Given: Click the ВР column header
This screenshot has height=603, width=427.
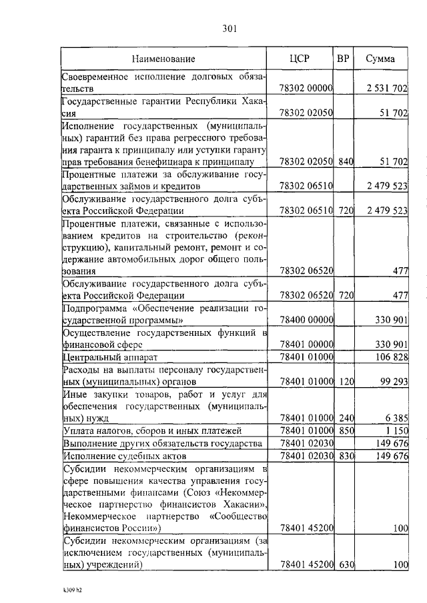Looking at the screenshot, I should coord(343,58).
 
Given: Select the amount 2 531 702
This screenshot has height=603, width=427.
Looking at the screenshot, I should coord(387,88).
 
